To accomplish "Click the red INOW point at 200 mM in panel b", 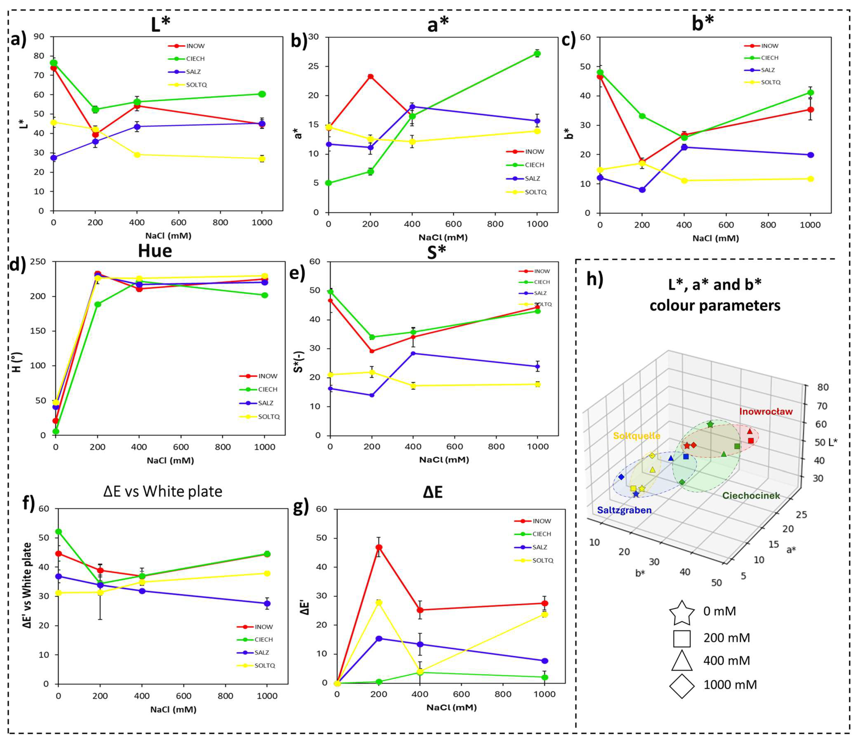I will (370, 76).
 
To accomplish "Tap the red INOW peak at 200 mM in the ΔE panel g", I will (379, 547).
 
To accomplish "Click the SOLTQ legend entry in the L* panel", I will (196, 85).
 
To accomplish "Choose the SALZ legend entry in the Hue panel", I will (266, 403).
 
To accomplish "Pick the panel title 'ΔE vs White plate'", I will (163, 491).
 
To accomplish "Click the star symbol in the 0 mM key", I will (682, 612).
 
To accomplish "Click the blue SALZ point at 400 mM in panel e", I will (414, 353).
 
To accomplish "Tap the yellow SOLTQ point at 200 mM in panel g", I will (379, 602).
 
